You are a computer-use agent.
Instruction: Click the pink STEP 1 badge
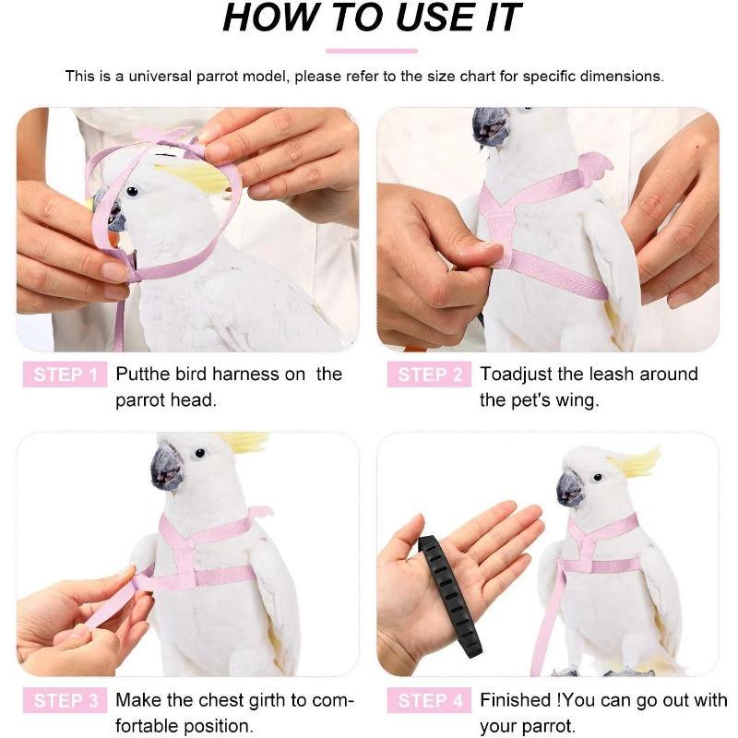point(65,375)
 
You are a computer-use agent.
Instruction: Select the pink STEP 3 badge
point(65,701)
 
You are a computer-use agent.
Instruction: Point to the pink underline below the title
point(371,50)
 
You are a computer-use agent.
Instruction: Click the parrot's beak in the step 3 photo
point(166,465)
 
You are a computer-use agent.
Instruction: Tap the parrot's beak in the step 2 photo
point(488,126)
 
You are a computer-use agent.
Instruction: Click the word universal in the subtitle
point(161,76)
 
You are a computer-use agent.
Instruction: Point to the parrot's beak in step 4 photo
point(569,486)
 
